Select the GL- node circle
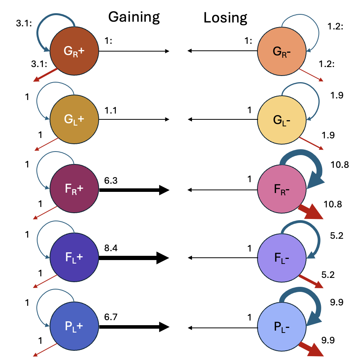282,120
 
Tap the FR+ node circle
74,190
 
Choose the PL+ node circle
74,327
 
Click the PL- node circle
282,327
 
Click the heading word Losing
225,17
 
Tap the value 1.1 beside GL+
110,110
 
